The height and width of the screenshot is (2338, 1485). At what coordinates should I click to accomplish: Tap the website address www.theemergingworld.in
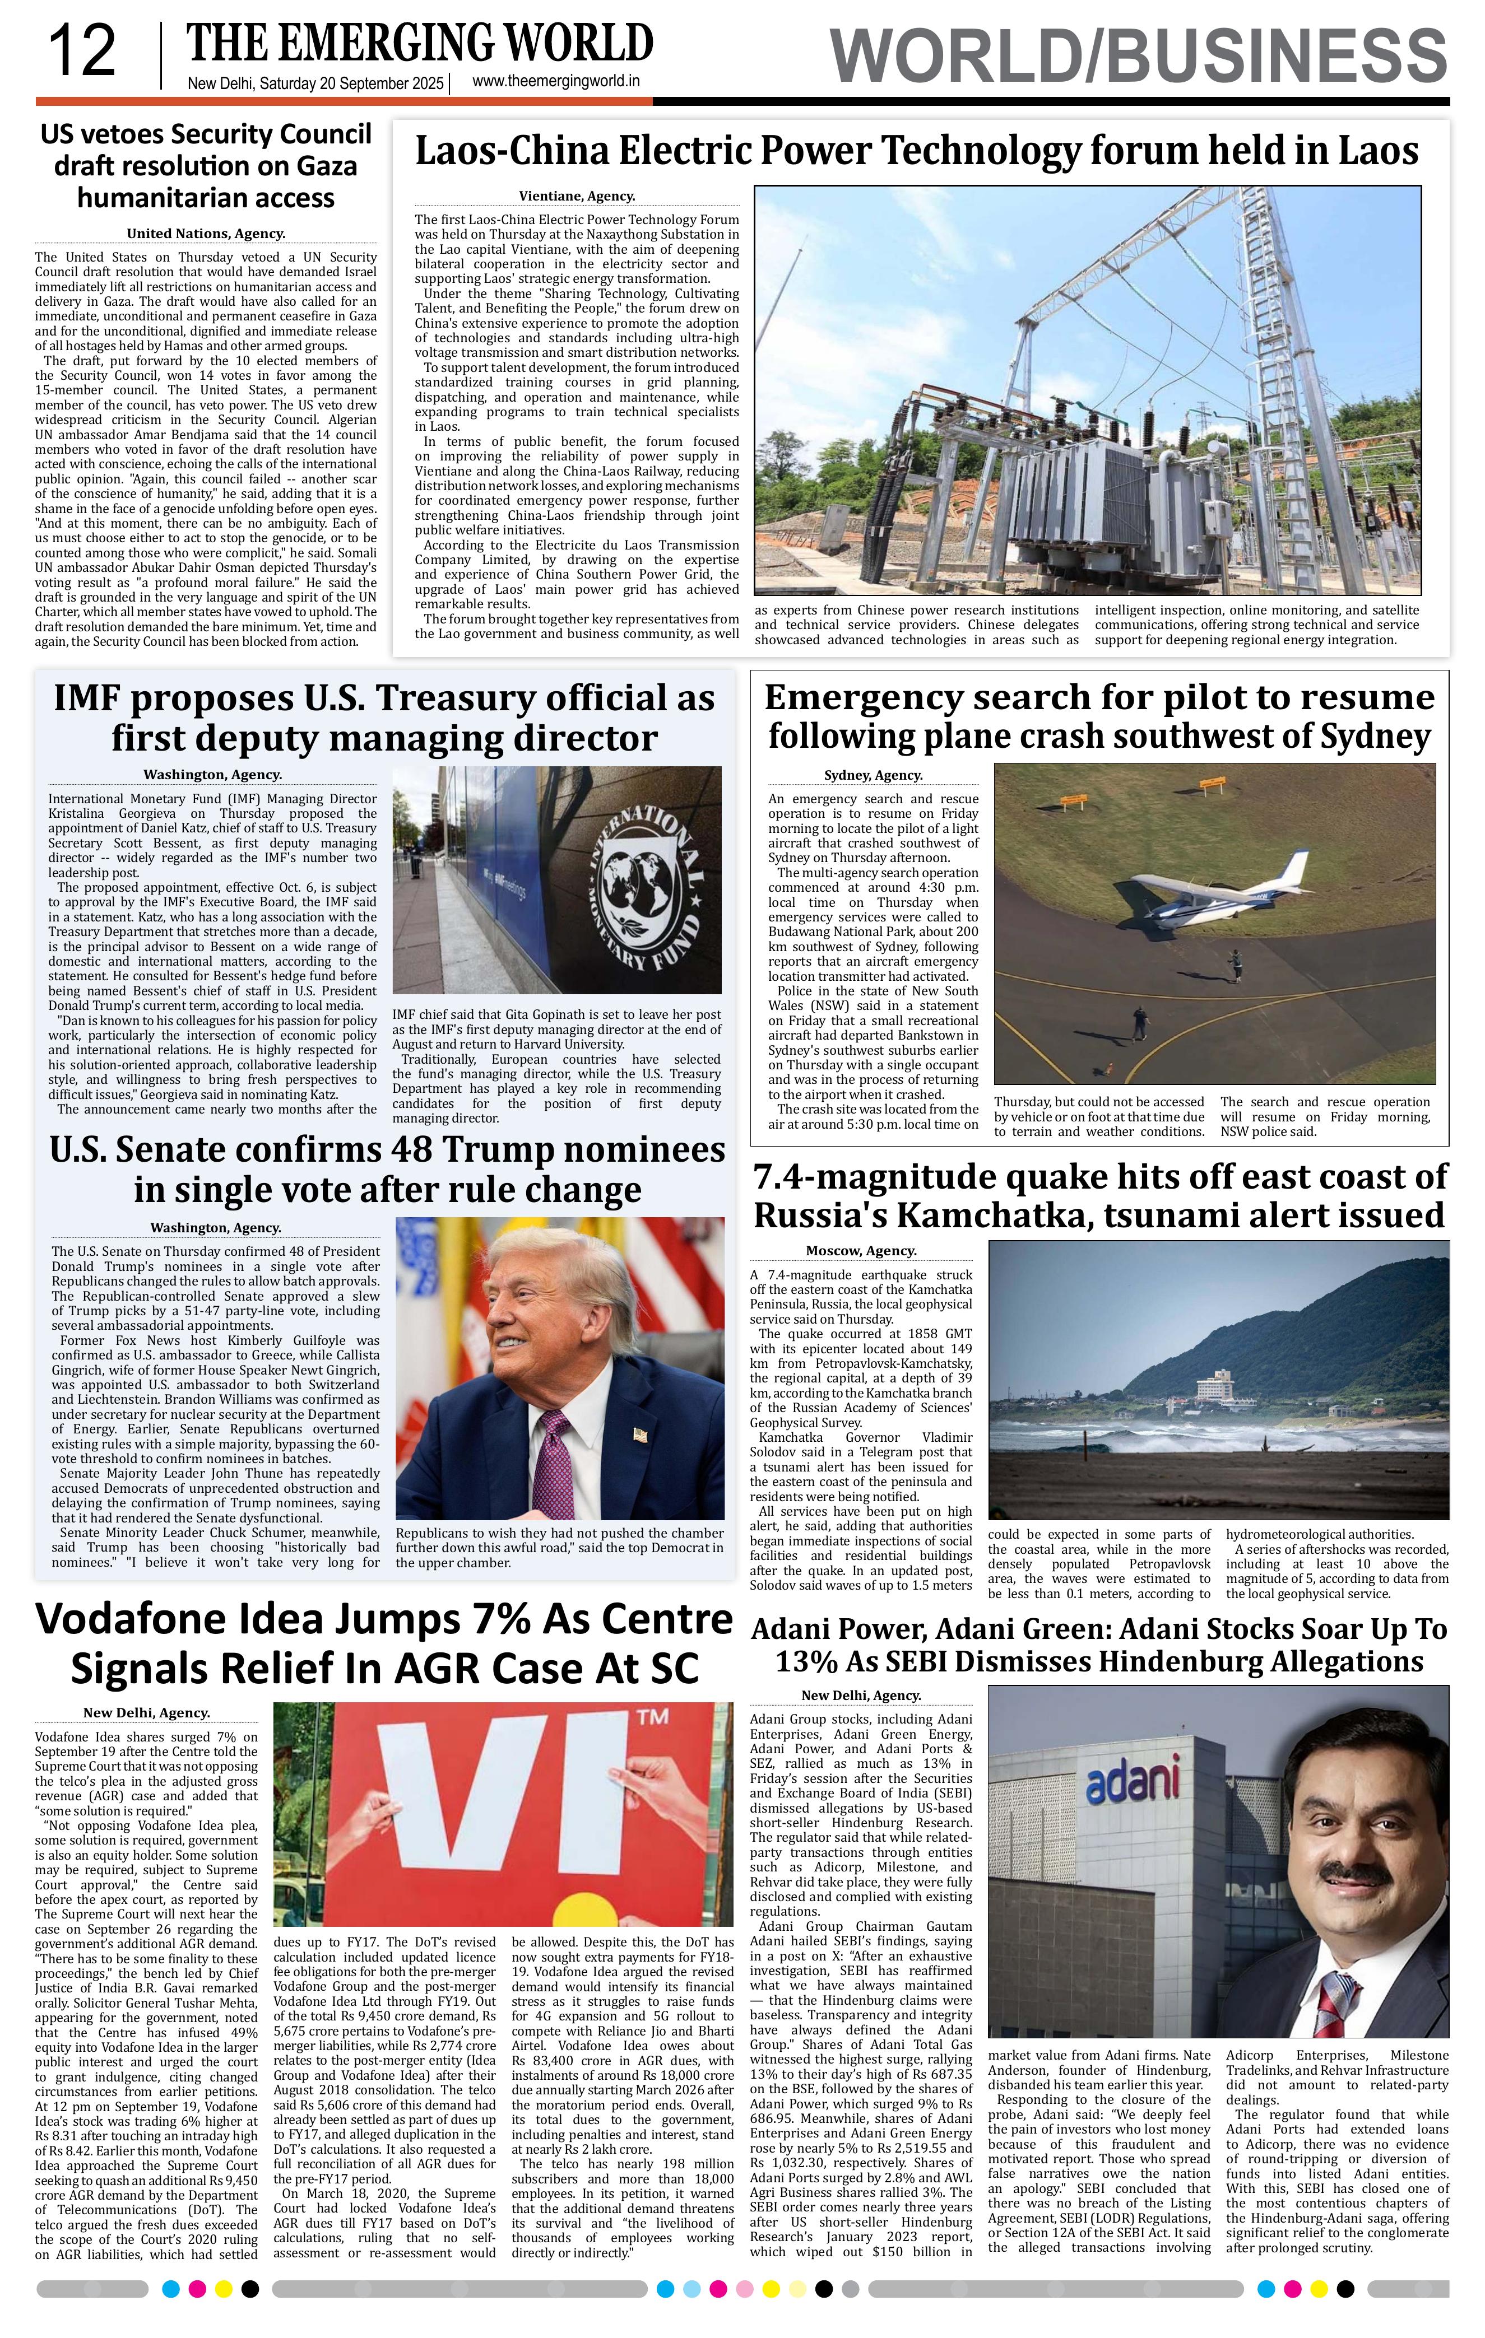click(x=555, y=82)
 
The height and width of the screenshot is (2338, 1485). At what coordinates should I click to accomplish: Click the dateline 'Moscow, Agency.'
click(x=861, y=1251)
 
